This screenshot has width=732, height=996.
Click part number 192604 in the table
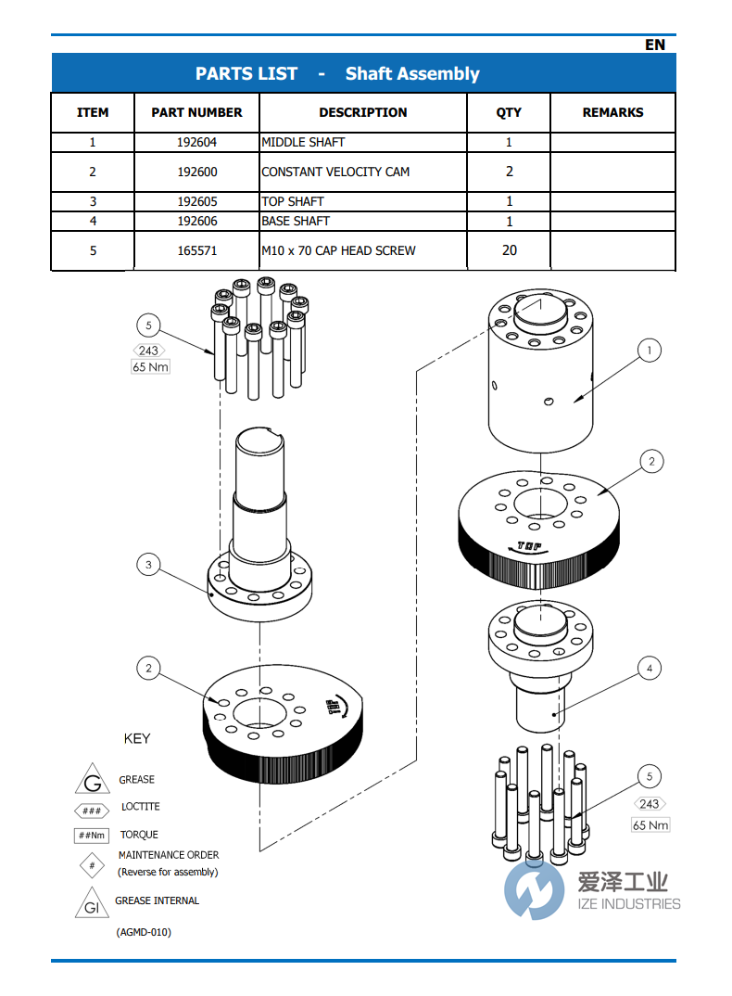[196, 143]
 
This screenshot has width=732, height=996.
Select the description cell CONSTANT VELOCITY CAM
[335, 172]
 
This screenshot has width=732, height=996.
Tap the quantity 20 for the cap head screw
[509, 250]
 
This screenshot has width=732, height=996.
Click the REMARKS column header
[612, 112]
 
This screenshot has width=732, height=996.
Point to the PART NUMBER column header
[196, 112]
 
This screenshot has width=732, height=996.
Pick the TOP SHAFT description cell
[293, 201]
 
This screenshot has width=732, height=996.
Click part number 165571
[196, 250]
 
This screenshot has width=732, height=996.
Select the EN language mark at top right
[654, 45]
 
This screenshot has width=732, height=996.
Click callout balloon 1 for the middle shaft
[650, 351]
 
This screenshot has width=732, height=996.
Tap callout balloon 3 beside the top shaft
[148, 563]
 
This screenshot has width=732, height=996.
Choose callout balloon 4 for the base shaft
[650, 668]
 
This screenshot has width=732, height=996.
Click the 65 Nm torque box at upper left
[150, 367]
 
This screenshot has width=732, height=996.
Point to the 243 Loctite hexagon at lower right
[650, 804]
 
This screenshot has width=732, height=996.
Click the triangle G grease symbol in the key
[92, 781]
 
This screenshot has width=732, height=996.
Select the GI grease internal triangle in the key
[92, 906]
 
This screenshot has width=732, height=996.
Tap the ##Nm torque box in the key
[92, 836]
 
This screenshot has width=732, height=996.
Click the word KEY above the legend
[137, 739]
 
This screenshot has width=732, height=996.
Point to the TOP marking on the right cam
[530, 546]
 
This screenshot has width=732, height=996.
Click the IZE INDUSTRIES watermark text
[629, 904]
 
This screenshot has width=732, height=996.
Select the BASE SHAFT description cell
[296, 221]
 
